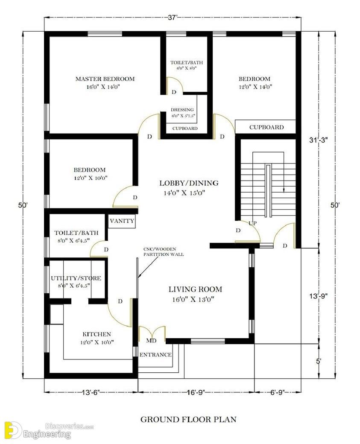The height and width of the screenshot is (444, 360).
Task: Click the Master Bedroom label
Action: (105, 79)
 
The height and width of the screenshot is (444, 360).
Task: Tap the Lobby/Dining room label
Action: (189, 183)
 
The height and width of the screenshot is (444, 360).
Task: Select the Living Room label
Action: (196, 289)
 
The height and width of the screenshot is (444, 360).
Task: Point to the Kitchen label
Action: (97, 334)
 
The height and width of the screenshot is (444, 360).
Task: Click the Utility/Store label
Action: (76, 278)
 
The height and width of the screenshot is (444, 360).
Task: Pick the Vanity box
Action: (122, 221)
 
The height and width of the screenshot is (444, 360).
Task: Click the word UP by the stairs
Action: (253, 223)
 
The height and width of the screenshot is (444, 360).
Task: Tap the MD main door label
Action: (151, 341)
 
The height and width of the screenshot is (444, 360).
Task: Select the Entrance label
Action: (155, 354)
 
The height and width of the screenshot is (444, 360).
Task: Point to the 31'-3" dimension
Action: (319, 140)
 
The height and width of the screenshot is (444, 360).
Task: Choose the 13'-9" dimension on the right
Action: (319, 296)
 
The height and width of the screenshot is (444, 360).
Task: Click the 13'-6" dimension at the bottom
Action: (91, 392)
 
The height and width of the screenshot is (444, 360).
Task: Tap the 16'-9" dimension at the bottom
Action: (196, 392)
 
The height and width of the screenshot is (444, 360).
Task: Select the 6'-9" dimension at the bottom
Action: (278, 392)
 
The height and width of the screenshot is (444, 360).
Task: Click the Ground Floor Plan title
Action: (188, 419)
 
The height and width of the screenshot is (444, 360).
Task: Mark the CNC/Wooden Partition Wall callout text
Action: (164, 252)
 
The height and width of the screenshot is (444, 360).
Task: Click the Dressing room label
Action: (182, 110)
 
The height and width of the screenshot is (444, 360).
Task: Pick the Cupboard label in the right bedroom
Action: (266, 127)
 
